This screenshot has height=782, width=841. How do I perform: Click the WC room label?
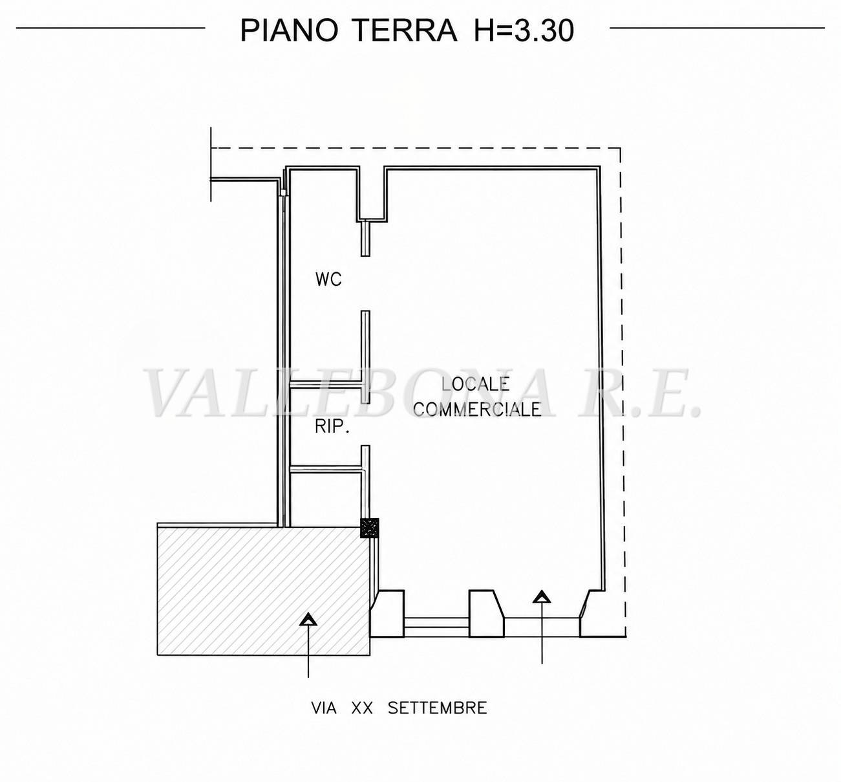click(328, 279)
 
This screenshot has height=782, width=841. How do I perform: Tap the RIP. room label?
click(332, 427)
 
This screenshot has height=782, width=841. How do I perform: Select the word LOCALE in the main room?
click(475, 384)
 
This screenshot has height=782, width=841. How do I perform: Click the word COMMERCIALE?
click(477, 409)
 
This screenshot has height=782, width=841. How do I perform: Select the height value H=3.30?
click(524, 30)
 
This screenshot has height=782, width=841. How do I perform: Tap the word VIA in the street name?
click(324, 708)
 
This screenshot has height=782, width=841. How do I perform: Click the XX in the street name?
click(362, 708)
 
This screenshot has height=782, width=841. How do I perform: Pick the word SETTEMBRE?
click(438, 708)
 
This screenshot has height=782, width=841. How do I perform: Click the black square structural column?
click(369, 528)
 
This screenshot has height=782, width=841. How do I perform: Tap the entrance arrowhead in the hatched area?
click(308, 620)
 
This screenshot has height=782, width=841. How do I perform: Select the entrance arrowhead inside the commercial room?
click(542, 597)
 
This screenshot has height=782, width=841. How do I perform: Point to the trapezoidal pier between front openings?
click(487, 613)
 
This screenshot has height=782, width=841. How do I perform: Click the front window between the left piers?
click(436, 627)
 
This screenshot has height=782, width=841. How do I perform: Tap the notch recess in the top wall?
click(372, 194)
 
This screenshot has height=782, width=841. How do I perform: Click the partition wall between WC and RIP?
click(325, 384)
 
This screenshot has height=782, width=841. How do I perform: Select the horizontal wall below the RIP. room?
click(325, 469)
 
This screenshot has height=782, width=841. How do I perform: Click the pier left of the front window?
click(387, 613)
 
